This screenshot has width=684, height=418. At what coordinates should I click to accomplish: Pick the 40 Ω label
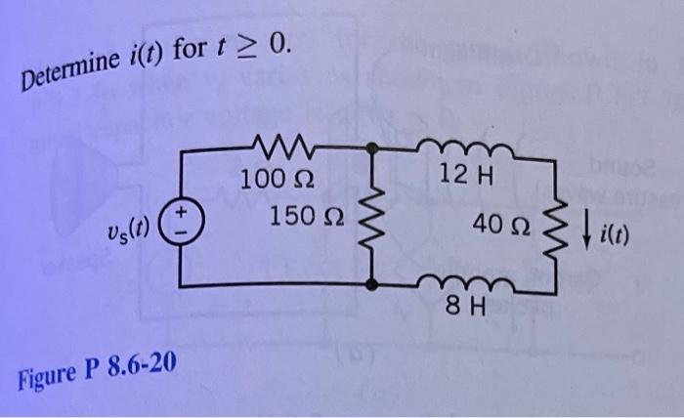[497, 226]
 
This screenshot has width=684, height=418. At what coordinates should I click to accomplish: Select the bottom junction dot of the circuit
[372, 285]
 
